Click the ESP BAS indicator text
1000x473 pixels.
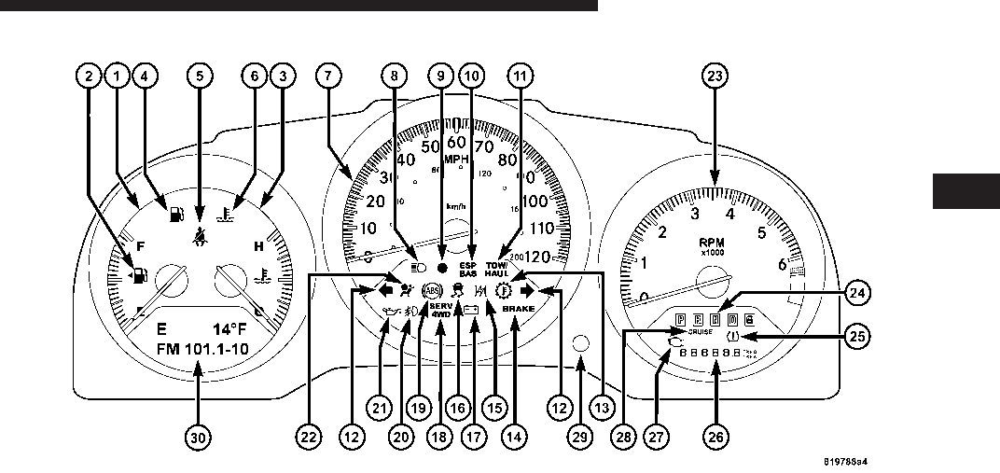468,269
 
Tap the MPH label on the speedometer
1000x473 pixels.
456,159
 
